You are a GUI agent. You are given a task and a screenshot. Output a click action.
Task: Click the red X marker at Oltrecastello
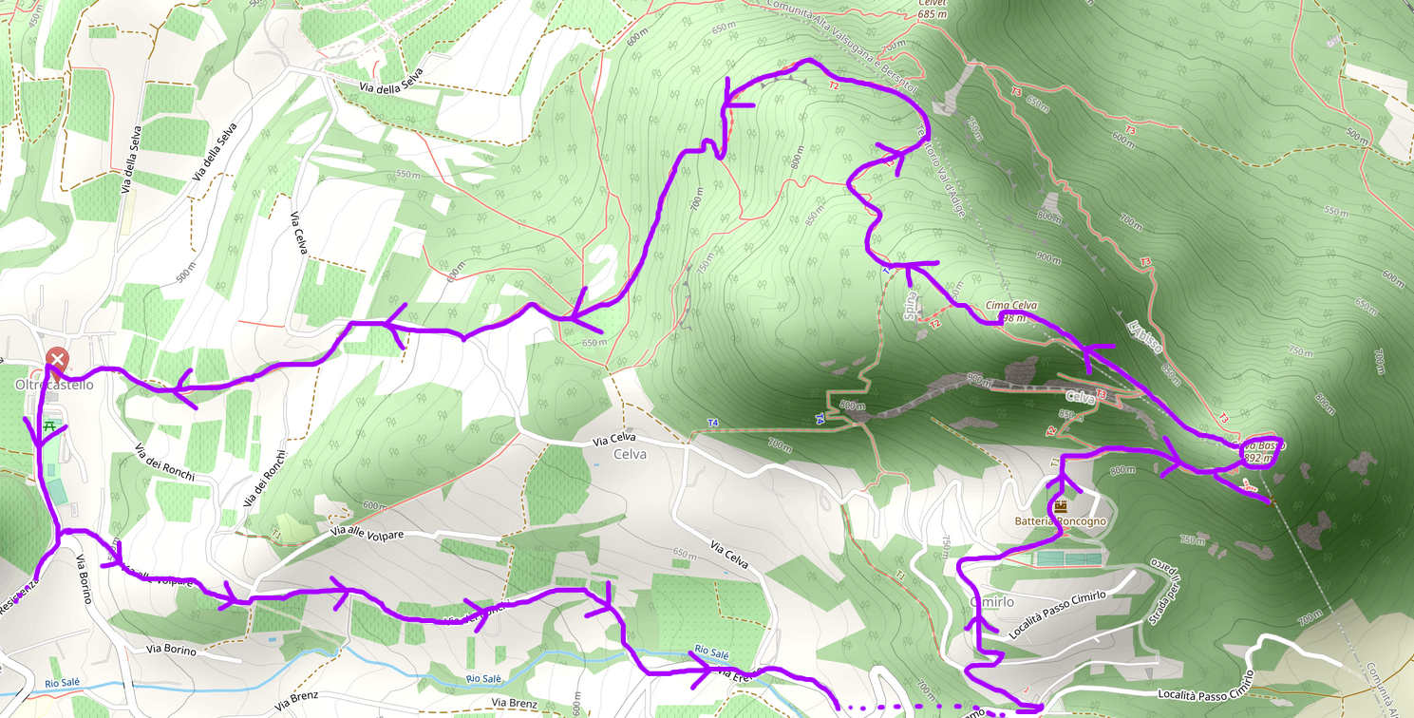coord(57,359)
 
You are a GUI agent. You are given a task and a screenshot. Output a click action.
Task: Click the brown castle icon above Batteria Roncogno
coord(1061,506)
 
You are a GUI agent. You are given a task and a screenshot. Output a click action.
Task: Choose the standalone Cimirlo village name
coord(991,602)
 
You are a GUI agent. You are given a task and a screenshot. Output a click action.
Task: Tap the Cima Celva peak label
coord(1010,305)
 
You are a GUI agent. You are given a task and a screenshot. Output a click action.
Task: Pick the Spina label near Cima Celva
coord(911,307)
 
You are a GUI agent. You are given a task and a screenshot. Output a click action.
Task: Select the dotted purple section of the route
coord(912,708)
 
